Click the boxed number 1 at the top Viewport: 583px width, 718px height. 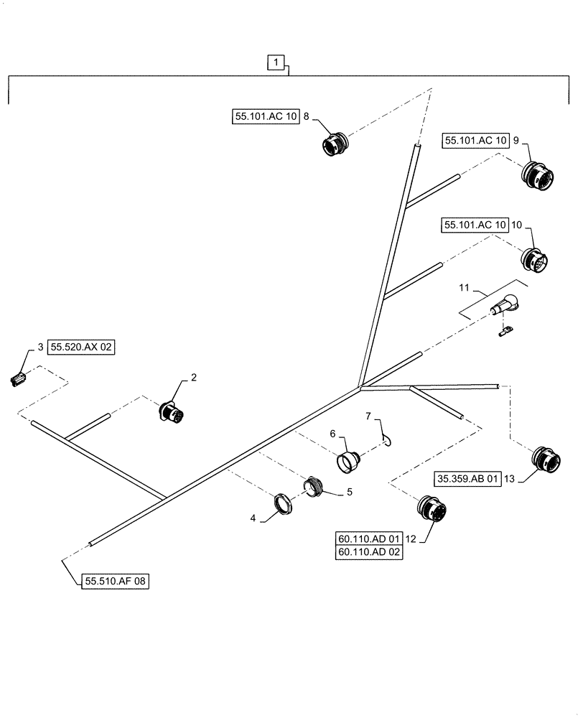point(278,62)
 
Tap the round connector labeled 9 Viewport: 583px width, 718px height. point(536,176)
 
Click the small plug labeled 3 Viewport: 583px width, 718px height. point(19,378)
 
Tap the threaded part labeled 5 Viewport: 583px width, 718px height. point(314,485)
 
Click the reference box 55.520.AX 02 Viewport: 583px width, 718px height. point(82,347)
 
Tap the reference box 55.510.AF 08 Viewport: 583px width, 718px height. point(114,582)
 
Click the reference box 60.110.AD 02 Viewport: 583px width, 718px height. point(369,552)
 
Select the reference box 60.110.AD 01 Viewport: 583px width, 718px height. point(369,538)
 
